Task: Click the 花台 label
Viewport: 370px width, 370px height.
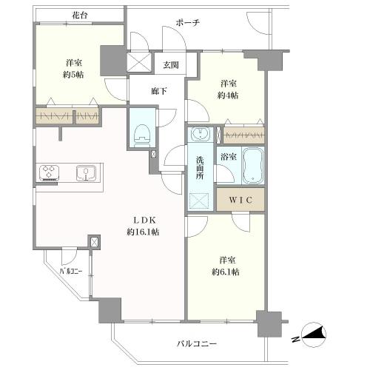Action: (x=79, y=16)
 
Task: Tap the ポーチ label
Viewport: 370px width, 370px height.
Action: (x=187, y=23)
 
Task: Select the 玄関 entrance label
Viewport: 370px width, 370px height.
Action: (x=171, y=65)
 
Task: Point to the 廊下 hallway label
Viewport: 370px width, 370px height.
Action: (x=159, y=91)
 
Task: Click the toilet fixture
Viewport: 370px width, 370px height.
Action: (x=141, y=135)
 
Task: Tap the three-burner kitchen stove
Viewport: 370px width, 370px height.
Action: (x=49, y=172)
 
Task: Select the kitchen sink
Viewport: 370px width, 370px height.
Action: (x=86, y=172)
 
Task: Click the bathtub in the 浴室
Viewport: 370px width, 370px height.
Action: (x=253, y=165)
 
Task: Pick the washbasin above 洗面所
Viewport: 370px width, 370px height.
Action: (x=201, y=134)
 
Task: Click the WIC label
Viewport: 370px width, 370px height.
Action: (x=240, y=200)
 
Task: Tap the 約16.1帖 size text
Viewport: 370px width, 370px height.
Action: (x=143, y=232)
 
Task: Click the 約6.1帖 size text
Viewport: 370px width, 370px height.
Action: (x=226, y=272)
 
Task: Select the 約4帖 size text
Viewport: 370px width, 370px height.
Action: (x=228, y=95)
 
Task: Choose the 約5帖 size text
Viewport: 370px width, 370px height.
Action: (x=73, y=75)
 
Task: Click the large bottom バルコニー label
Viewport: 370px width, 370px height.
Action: (x=197, y=343)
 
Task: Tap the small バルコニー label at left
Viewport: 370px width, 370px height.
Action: (x=71, y=272)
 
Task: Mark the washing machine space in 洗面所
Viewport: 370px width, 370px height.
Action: (x=199, y=201)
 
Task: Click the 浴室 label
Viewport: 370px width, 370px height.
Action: (x=229, y=157)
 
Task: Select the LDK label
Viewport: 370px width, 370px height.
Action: (x=144, y=220)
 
